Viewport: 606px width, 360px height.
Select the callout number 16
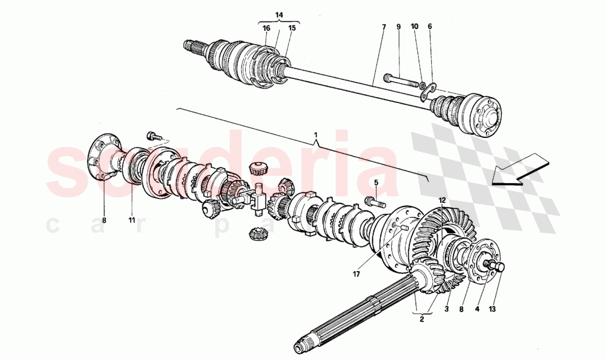click(x=266, y=28)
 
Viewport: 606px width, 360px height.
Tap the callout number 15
click(x=292, y=28)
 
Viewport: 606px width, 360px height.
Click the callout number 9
click(x=398, y=26)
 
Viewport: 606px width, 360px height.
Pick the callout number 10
click(x=414, y=26)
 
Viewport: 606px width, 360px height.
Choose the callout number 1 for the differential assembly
click(x=316, y=135)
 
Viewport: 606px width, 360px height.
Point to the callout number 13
click(x=492, y=309)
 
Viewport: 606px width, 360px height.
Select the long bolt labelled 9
click(x=402, y=81)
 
